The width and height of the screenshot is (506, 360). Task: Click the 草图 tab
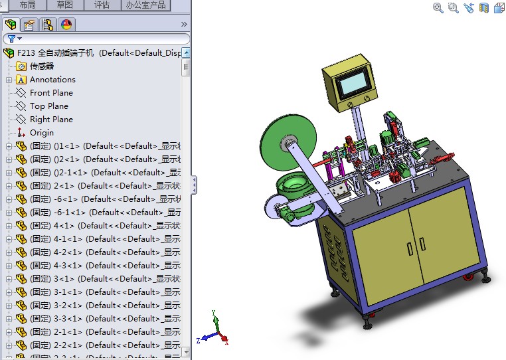pyautogui.click(x=65, y=5)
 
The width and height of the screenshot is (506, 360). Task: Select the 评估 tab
pyautogui.click(x=102, y=5)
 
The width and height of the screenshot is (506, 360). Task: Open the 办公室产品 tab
pyautogui.click(x=146, y=5)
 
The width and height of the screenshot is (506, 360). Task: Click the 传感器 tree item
pyautogui.click(x=41, y=66)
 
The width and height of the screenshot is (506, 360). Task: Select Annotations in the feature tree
pyautogui.click(x=52, y=80)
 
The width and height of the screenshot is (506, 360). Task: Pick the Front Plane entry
pyautogui.click(x=51, y=93)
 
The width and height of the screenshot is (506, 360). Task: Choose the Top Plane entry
pyautogui.click(x=48, y=106)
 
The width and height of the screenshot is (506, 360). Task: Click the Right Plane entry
pyautogui.click(x=51, y=120)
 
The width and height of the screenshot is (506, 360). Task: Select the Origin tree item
pyautogui.click(x=41, y=133)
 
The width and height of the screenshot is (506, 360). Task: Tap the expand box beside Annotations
pyautogui.click(x=9, y=80)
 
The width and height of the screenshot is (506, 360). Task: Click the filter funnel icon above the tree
pyautogui.click(x=11, y=39)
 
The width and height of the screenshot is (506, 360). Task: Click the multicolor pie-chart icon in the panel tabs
pyautogui.click(x=66, y=25)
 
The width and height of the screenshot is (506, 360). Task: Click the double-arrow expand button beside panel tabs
pyautogui.click(x=184, y=25)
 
